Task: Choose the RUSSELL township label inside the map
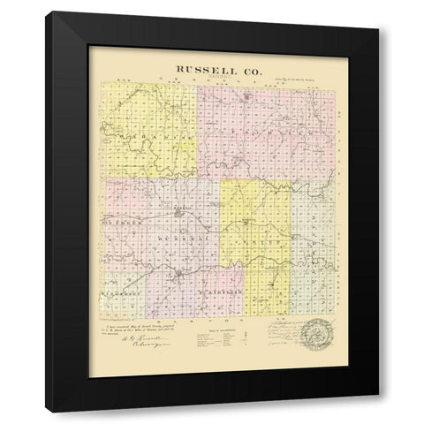click(x=177, y=238)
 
